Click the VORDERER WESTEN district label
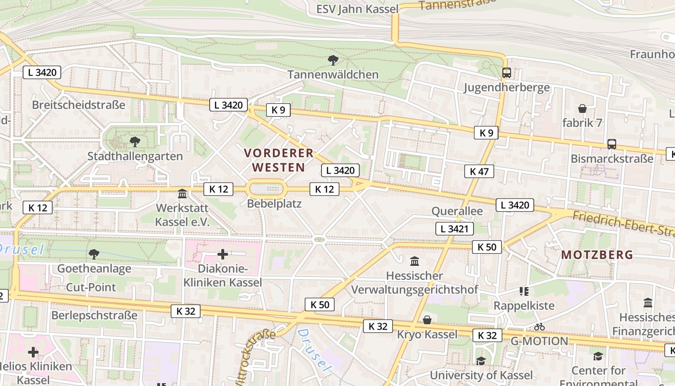[279, 160]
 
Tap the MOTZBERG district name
[597, 255]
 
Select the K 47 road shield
[479, 171]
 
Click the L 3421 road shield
[454, 229]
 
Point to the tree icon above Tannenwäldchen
[333, 60]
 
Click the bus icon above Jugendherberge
[506, 73]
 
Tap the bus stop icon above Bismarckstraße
[611, 144]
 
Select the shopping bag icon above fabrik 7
[582, 109]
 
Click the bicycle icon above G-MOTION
[539, 327]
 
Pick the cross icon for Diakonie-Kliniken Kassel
[223, 254]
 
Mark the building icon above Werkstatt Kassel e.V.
[182, 194]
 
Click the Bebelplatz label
[274, 204]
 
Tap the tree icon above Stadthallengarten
[135, 142]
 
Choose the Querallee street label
[457, 211]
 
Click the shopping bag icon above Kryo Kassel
[427, 320]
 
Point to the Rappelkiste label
[524, 305]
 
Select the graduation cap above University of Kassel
[481, 361]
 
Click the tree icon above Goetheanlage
[94, 254]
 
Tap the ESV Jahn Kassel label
[357, 9]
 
